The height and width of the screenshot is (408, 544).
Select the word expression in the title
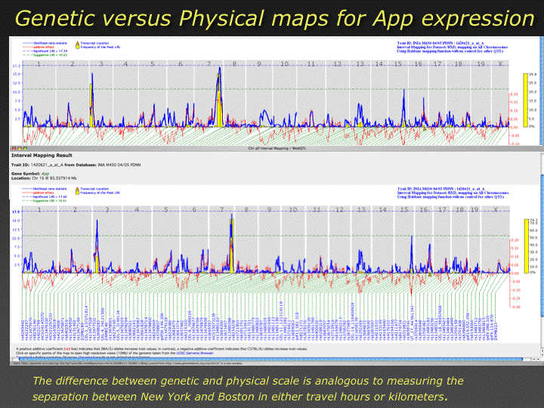coord(467,17)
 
